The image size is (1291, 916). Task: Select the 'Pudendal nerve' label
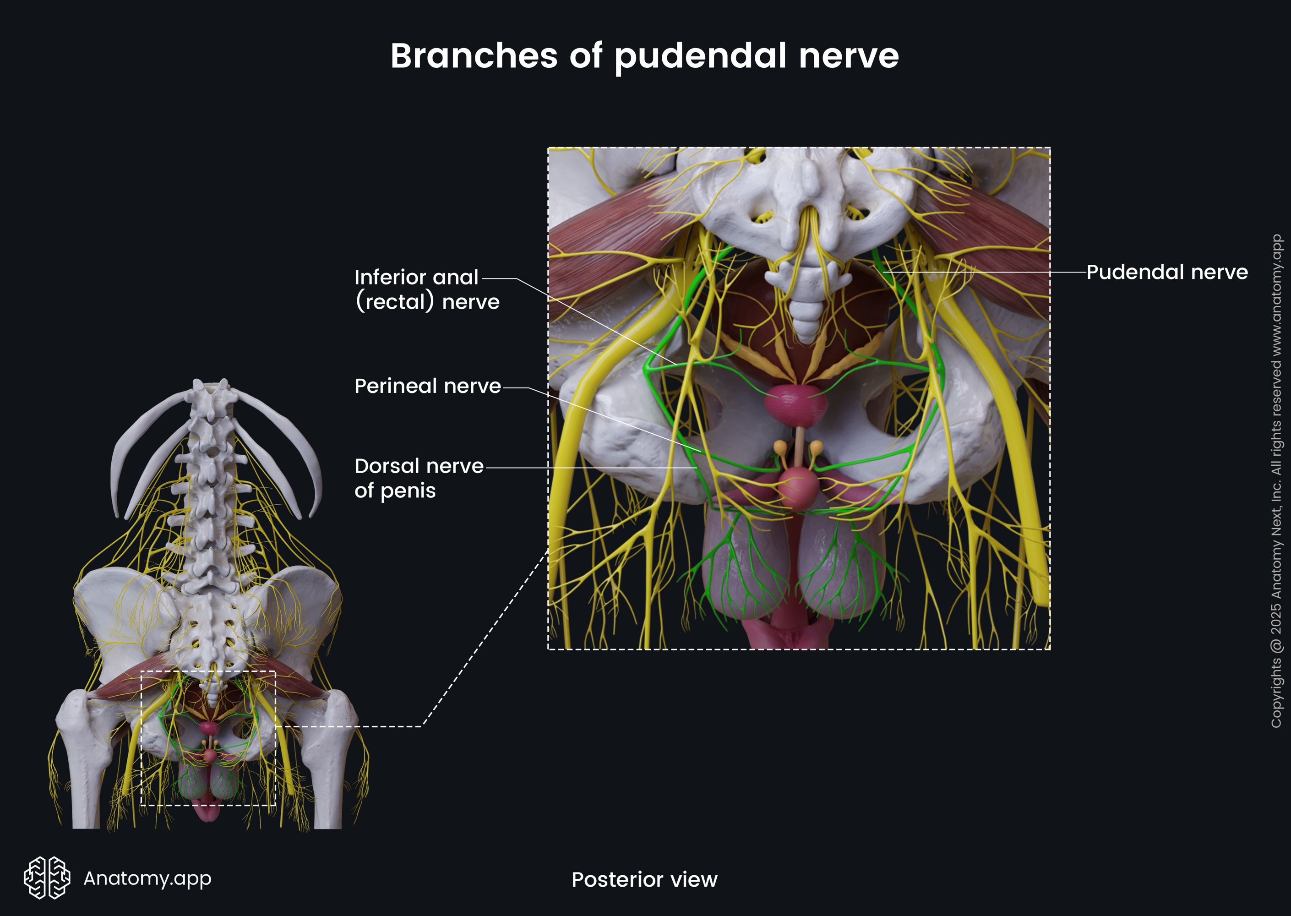click(x=1166, y=273)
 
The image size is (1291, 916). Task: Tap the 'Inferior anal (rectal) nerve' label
click(x=426, y=289)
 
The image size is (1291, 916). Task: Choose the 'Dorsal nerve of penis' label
click(x=418, y=478)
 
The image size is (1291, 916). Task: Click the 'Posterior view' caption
click(x=644, y=879)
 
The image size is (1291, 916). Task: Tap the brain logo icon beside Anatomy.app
click(x=47, y=878)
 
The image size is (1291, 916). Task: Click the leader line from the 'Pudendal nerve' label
click(x=987, y=272)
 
